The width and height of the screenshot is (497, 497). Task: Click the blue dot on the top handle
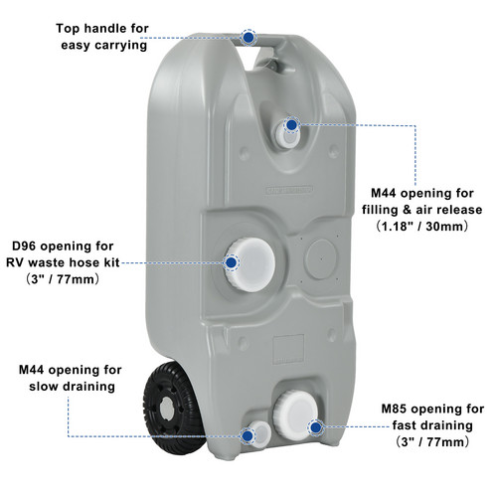pos(248,38)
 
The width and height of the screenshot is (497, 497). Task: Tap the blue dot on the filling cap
pos(291,125)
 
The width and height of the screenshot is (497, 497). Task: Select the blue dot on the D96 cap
pos(231,262)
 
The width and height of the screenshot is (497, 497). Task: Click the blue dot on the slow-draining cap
pos(248,436)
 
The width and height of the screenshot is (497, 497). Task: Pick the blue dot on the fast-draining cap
pos(316,427)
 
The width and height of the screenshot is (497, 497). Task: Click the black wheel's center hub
pos(167,410)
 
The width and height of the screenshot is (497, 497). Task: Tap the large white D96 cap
pos(251,264)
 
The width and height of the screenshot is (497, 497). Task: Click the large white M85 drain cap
pos(295,415)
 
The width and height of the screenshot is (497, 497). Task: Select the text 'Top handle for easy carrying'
pos(102,37)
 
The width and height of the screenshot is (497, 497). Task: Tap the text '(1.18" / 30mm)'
pos(421,227)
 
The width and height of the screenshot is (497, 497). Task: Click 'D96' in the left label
pos(24,247)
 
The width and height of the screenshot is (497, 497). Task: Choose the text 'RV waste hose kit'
pos(63,262)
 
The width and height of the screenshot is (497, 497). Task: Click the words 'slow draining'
pos(72,387)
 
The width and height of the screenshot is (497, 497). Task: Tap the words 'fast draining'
pos(432,425)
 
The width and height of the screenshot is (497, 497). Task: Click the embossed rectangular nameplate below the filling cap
pos(289,190)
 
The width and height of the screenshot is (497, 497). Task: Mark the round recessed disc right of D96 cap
pos(321,259)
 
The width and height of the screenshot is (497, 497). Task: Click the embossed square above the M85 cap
pos(288,349)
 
